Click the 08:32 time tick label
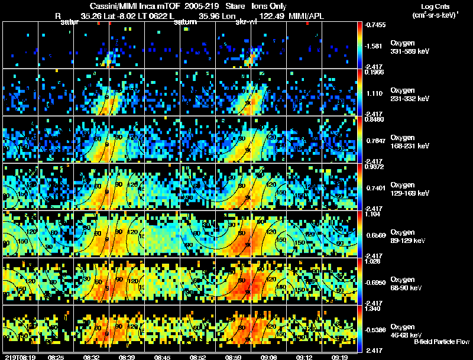point(92,357)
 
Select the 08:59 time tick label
point(234,357)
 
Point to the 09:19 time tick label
point(340,357)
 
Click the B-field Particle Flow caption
point(441,342)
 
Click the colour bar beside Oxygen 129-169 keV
point(361,187)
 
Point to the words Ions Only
point(269,6)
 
